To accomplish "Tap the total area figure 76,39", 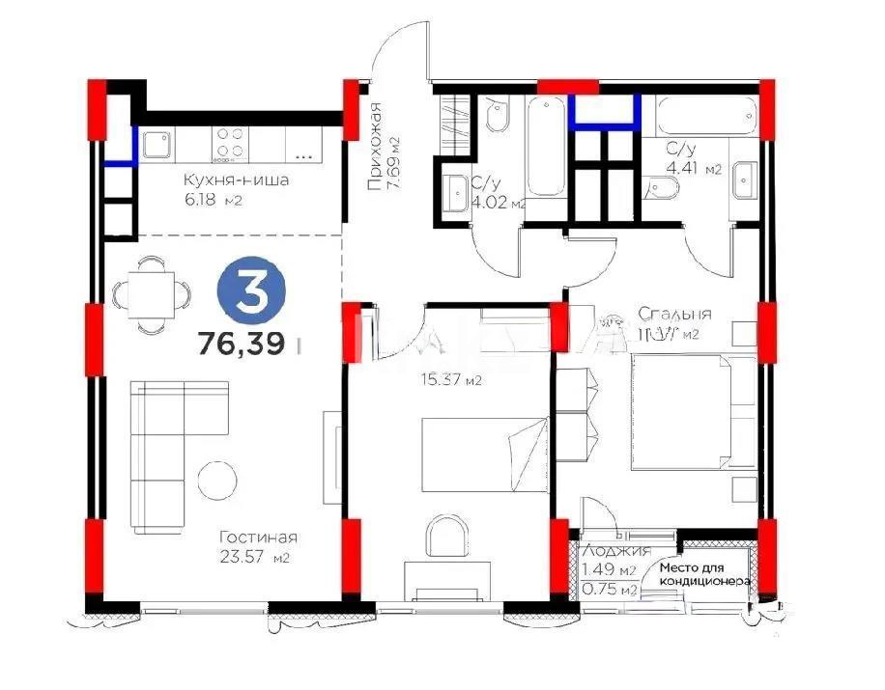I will pos(242,344).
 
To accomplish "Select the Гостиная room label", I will pos(257,538).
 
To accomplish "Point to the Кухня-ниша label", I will pos(237,179).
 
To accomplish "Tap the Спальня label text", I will pos(674,314).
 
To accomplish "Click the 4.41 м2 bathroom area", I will pos(694,170).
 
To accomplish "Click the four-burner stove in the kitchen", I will pos(230,144).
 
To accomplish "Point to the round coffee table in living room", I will pos(217,480).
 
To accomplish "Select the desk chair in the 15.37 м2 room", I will pos(446,534).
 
